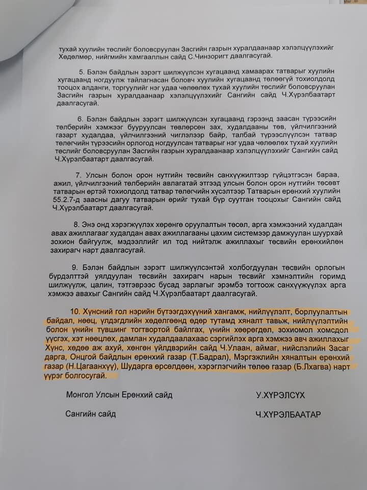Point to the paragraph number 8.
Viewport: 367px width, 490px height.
pos(76,224)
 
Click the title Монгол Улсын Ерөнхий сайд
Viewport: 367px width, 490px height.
pos(119,395)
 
